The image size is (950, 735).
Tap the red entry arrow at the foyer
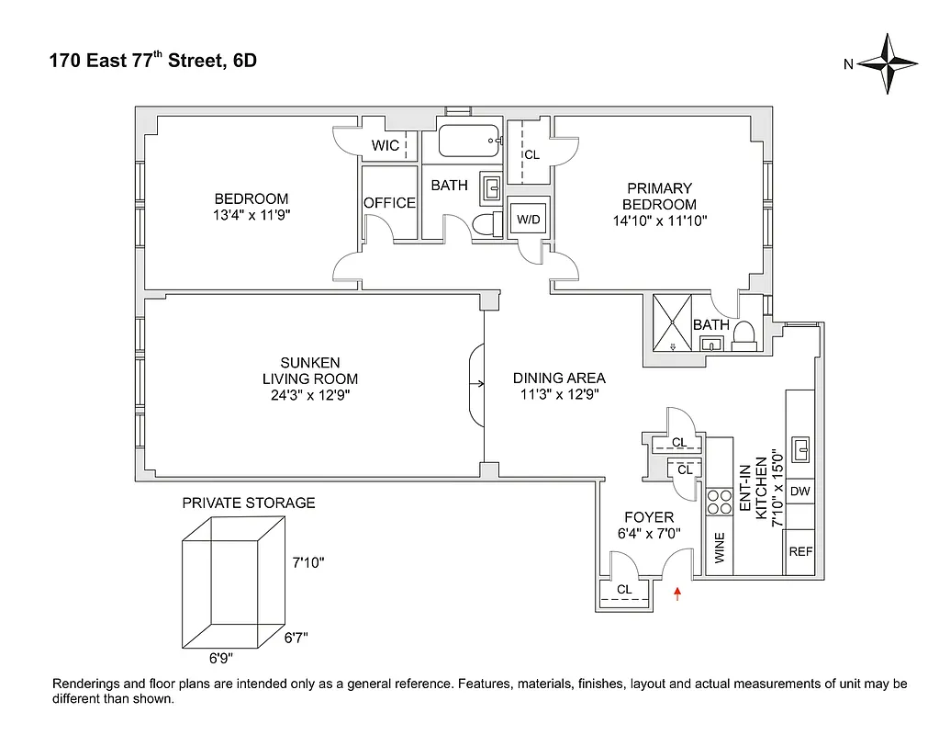677,594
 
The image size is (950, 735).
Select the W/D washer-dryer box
528,220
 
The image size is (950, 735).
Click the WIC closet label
386,146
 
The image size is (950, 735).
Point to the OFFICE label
389,203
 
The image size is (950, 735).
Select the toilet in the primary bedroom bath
744,335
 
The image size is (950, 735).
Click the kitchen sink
799,450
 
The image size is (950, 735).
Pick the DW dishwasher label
799,492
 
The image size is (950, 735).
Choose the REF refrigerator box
800,552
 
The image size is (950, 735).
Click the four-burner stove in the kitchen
718,502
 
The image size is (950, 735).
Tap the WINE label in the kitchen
719,549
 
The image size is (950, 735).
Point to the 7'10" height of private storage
308,562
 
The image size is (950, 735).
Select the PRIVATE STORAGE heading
249,503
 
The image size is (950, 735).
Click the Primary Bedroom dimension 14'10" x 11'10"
659,220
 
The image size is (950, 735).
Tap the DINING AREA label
559,378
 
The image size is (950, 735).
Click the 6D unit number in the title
244,62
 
